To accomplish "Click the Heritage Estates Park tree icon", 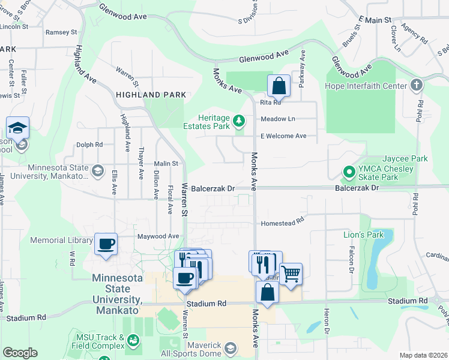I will pyautogui.click(x=240, y=121).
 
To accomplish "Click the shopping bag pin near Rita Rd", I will pyautogui.click(x=279, y=86).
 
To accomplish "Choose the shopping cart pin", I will pyautogui.click(x=291, y=274).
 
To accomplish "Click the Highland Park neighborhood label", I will pyautogui.click(x=151, y=95).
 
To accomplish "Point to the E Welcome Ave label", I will pyautogui.click(x=283, y=136).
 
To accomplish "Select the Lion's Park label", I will pyautogui.click(x=363, y=235).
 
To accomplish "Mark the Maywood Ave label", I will pyautogui.click(x=158, y=236).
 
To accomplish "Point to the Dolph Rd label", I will pyautogui.click(x=89, y=145).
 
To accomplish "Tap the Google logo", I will pyautogui.click(x=20, y=353).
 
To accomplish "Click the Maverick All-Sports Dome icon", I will pyautogui.click(x=231, y=348).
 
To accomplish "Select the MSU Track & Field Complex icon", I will pyautogui.click(x=133, y=343).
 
